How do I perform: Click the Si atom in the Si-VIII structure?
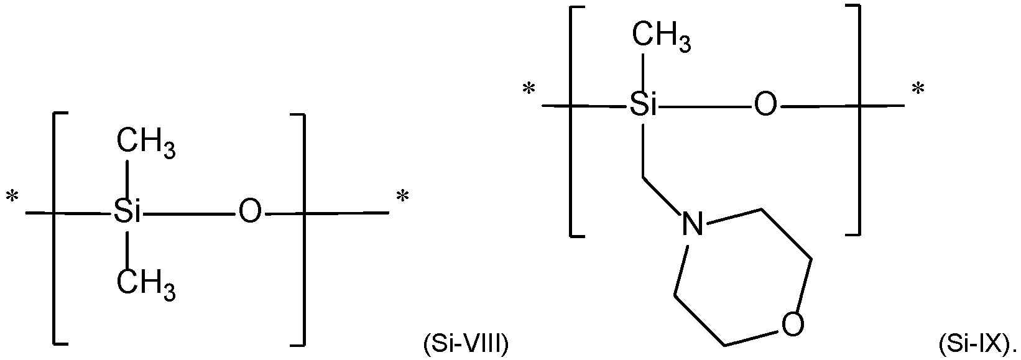click(x=127, y=213)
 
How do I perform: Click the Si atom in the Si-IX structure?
click(x=644, y=106)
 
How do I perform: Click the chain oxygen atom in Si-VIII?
click(x=250, y=213)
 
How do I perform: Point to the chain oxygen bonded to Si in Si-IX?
click(x=765, y=106)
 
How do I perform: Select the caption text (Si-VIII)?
click(x=466, y=343)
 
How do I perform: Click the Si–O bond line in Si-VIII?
click(x=190, y=213)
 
